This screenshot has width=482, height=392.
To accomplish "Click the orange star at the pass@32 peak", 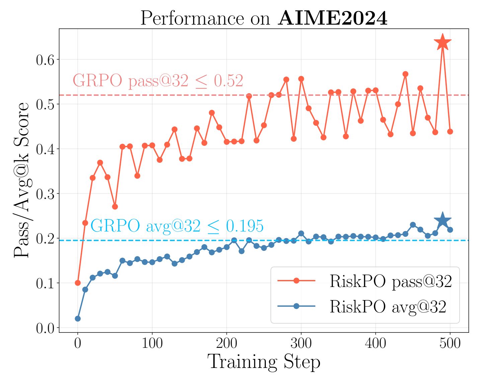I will tap(443, 43).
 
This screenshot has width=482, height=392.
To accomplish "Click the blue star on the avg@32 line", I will tap(443, 220).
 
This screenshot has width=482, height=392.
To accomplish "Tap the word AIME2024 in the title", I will tap(333, 18).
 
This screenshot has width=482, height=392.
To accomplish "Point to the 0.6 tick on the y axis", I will tap(45, 60).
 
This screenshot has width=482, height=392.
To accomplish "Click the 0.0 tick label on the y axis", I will tap(45, 328).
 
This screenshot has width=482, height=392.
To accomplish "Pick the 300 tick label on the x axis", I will tap(301, 343).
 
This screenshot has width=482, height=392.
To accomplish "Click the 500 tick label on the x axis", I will tap(450, 343).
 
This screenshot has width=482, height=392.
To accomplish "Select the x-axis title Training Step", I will tap(264, 362).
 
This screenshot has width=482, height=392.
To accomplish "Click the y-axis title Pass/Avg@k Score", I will tap(22, 180).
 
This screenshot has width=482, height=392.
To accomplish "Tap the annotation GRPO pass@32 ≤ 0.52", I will tap(158, 81).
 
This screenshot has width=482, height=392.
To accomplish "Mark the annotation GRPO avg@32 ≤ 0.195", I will tap(177, 226).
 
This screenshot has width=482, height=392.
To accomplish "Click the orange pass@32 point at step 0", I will tap(78, 283).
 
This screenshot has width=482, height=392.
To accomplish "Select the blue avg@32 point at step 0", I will tap(78, 318).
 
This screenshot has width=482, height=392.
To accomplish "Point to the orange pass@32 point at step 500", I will tap(450, 131).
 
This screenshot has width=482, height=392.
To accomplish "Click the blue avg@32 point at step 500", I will tap(450, 230).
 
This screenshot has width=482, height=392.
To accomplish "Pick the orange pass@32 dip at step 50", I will tap(115, 207).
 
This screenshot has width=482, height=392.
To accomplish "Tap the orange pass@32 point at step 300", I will tap(301, 79).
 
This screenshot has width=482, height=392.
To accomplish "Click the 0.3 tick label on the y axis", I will tap(45, 194).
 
